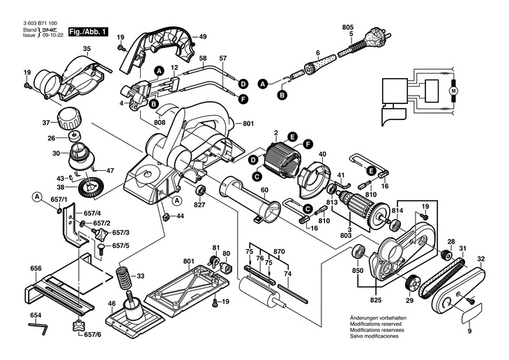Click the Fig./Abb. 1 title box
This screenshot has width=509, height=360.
point(89,32)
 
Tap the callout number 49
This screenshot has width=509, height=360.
point(203,36)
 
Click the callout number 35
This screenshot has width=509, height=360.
point(87,48)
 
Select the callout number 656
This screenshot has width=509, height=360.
point(36,268)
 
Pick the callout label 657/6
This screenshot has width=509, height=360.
point(93,336)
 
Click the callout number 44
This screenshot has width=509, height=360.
point(180,216)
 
